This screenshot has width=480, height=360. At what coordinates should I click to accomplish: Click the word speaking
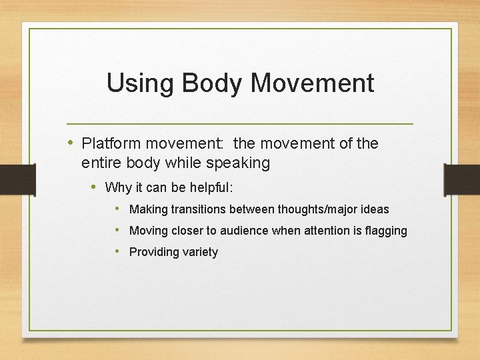pyautogui.click(x=236, y=163)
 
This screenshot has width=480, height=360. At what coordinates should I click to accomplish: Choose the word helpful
pyautogui.click(x=208, y=187)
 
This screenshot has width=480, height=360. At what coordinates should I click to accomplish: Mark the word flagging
pyautogui.click(x=385, y=231)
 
